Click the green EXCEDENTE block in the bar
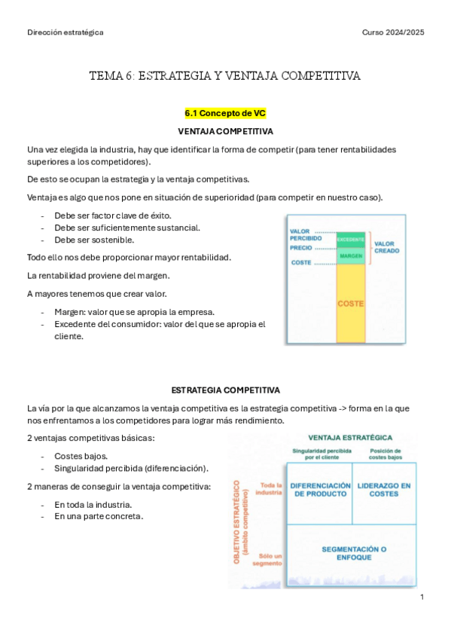351,240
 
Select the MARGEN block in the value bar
351,256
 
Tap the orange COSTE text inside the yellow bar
351,304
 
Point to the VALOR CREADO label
386,247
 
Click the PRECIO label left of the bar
301,247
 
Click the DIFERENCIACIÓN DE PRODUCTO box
320,490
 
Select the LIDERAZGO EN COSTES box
384,490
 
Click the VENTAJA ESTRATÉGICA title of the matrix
349,438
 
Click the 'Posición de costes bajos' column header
385,454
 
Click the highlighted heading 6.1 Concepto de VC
225,113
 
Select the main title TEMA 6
225,76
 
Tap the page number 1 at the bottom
422,597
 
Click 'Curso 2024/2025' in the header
393,32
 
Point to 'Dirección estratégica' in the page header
66,32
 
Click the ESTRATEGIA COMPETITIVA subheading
225,390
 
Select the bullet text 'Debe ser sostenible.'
94,240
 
